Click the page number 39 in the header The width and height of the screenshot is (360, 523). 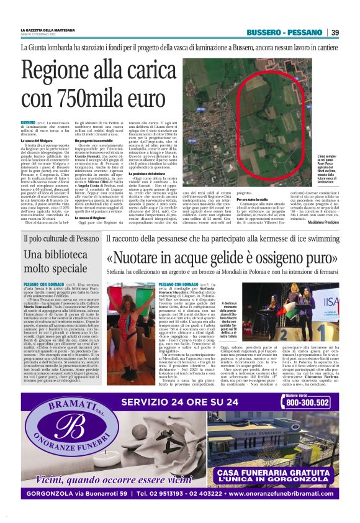[x=335, y=32]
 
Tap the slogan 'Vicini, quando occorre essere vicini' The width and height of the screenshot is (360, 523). [x=106, y=478]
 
